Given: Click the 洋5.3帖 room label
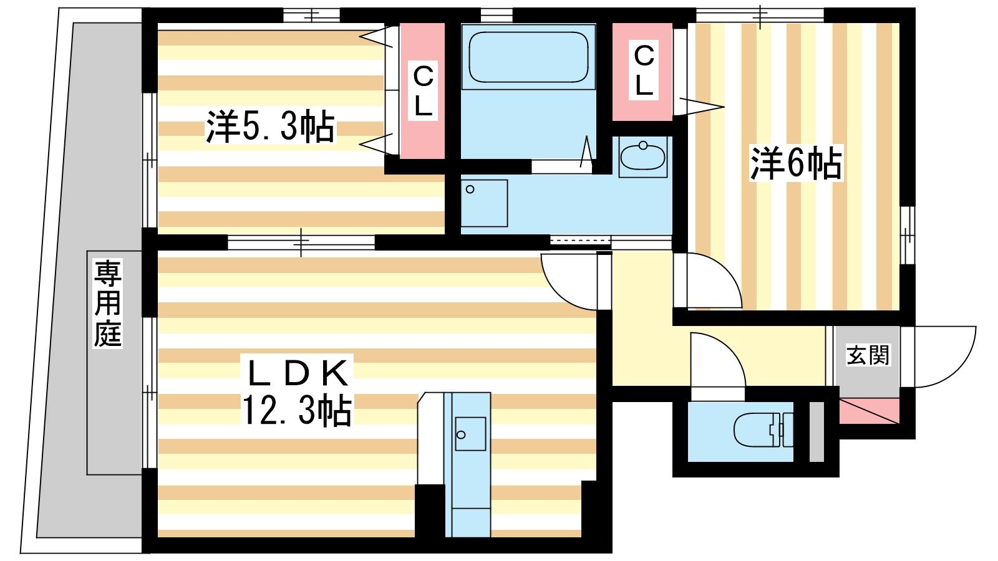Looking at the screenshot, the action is click(270, 127).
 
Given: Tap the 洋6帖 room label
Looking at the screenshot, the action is click(796, 163).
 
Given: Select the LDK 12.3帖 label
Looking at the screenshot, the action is click(297, 391).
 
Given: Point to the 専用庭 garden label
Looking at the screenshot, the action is click(107, 304).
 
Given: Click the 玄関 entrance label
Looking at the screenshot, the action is click(868, 355).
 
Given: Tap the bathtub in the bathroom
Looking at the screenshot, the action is click(529, 57).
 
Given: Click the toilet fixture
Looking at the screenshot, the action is click(763, 429).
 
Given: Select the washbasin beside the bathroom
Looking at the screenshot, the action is click(642, 156).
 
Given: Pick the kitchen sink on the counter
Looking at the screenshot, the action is click(470, 434).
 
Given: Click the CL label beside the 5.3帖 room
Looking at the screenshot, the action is click(423, 91).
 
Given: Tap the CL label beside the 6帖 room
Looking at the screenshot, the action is click(644, 70).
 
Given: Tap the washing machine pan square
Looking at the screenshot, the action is click(484, 203).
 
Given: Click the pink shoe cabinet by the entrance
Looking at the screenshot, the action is click(870, 411).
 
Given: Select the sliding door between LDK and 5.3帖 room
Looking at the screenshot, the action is click(301, 242).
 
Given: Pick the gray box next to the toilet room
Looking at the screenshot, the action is click(816, 432).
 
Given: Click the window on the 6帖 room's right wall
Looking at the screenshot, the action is click(908, 235).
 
